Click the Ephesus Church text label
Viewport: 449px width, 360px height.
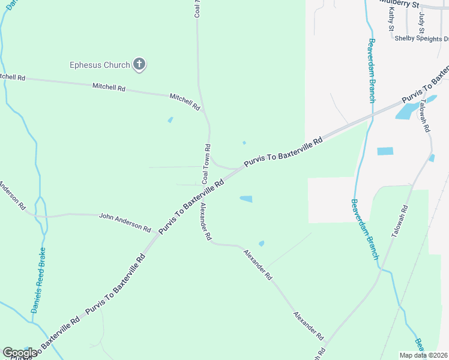(99, 64)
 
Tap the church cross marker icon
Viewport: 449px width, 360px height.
(139, 64)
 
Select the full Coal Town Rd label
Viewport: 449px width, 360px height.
(206, 164)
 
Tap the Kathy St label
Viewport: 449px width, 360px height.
(391, 20)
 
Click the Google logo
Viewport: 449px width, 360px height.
(20, 353)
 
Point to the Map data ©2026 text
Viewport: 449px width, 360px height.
(423, 355)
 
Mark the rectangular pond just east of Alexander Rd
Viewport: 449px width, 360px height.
(246, 199)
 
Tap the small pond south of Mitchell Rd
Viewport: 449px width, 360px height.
(170, 119)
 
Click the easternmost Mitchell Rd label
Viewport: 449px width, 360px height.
(184, 101)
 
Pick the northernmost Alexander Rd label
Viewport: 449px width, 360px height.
(206, 221)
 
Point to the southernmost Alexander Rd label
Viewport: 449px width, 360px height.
(309, 326)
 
